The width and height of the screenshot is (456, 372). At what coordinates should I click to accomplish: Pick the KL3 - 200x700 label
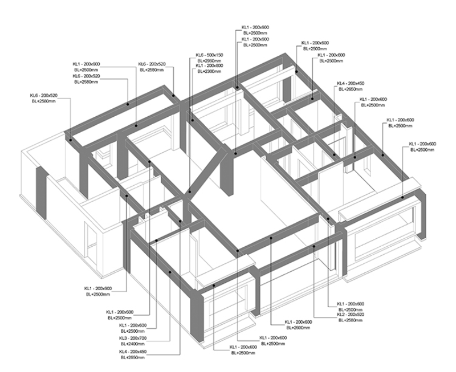pyautogui.click(x=133, y=338)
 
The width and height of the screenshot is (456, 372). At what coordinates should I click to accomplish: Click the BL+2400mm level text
pyautogui.click(x=133, y=343)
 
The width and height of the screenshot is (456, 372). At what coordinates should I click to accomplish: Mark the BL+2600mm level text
pyautogui.click(x=298, y=327)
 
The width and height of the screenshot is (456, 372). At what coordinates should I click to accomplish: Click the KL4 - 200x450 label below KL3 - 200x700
pyautogui.click(x=133, y=352)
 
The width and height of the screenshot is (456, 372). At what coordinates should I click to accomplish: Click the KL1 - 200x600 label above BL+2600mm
pyautogui.click(x=298, y=322)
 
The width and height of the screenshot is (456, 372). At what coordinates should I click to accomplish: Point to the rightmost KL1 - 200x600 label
pyautogui.click(x=423, y=144)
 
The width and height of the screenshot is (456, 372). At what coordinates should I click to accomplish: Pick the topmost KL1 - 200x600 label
pyautogui.click(x=256, y=27)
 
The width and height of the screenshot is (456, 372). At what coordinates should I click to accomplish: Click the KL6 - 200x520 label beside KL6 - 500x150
pyautogui.click(x=152, y=64)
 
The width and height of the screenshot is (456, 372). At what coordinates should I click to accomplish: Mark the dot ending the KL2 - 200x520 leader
pyautogui.click(x=314, y=247)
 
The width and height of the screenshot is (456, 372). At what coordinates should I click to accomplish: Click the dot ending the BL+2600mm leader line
pyautogui.click(x=270, y=239)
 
